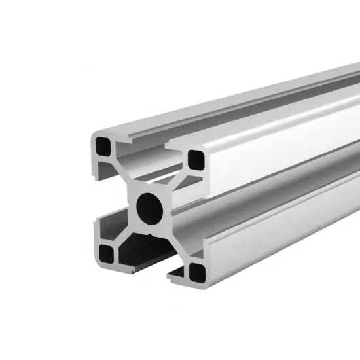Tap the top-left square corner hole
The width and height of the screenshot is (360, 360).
click(104, 143)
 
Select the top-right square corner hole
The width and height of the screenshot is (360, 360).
click(195, 158)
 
